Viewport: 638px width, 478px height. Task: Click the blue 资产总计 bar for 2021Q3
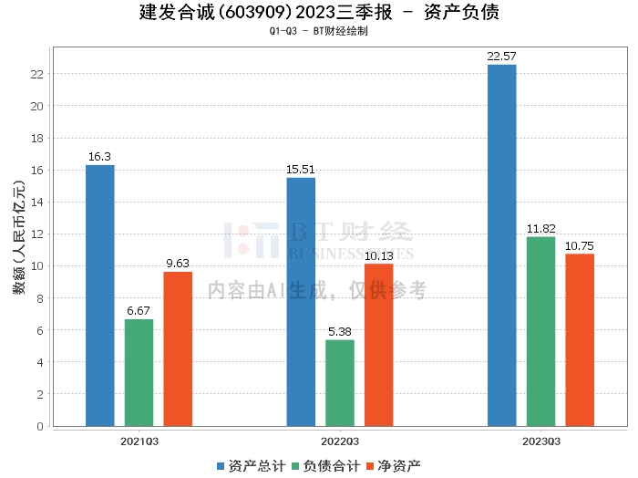[100, 296]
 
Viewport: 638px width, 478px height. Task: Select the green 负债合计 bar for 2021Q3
[139, 372]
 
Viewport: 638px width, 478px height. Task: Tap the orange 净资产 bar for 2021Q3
[178, 349]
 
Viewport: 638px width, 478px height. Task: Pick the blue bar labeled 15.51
[301, 302]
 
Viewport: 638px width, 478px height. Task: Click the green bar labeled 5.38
[340, 383]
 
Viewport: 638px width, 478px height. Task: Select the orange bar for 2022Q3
[379, 345]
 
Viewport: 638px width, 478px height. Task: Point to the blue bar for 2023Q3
[501, 245]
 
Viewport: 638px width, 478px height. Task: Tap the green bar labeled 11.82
[540, 331]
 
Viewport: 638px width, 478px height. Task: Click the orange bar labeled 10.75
[580, 340]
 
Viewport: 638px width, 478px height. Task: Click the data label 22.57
[501, 57]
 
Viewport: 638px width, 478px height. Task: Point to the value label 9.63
[178, 264]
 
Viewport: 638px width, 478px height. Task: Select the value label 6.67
[139, 311]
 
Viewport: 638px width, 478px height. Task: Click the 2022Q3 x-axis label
[340, 442]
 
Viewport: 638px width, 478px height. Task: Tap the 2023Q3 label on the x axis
[541, 442]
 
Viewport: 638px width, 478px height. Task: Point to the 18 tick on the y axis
[37, 139]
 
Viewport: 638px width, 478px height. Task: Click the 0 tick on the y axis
[40, 426]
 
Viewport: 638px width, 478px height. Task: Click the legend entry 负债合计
[326, 466]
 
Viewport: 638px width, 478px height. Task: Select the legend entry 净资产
[394, 466]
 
